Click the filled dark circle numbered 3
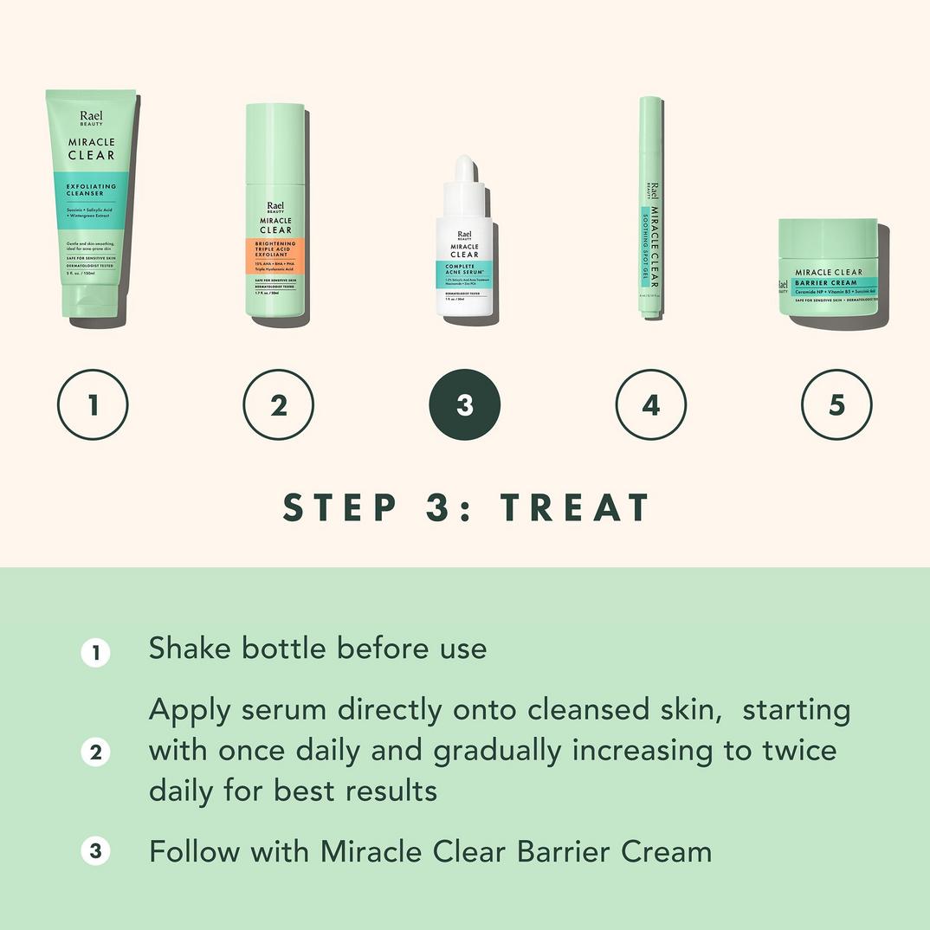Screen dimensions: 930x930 [465, 405]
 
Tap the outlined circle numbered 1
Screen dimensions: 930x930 [93, 405]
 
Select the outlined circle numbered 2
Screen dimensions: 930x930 [278, 405]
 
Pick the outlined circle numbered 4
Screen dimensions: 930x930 [650, 405]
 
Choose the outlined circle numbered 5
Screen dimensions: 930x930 [836, 405]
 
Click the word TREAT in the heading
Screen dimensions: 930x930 [575, 508]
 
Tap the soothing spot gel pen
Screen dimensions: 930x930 [651, 208]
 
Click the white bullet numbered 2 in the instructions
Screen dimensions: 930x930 [95, 752]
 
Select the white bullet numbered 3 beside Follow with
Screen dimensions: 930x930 [95, 851]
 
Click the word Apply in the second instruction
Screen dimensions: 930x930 [191, 710]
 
